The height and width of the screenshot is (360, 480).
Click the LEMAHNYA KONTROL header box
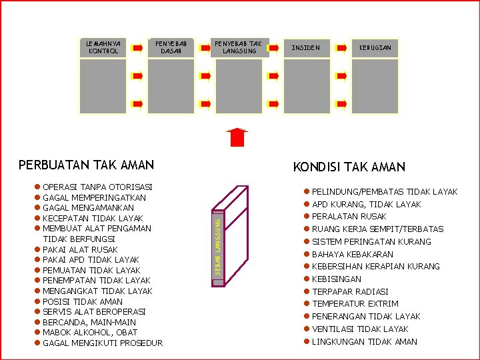click(x=103, y=47)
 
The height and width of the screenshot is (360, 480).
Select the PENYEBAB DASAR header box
click(x=171, y=47)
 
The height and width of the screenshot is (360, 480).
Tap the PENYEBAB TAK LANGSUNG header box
click(x=239, y=47)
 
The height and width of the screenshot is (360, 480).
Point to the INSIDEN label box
click(x=306, y=48)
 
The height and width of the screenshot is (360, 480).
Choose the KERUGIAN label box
click(x=375, y=48)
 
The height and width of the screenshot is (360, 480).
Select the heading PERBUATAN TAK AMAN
click(x=86, y=165)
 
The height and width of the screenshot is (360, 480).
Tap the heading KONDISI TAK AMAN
click(x=349, y=167)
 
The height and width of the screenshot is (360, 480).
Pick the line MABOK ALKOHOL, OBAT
click(x=90, y=333)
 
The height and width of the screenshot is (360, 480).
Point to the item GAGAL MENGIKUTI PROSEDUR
click(x=102, y=343)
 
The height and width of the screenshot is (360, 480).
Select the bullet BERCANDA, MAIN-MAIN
click(x=89, y=322)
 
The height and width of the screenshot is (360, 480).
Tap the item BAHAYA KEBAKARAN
click(x=352, y=255)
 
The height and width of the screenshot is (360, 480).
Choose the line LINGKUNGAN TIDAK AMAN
click(x=365, y=342)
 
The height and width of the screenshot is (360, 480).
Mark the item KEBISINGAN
click(x=337, y=279)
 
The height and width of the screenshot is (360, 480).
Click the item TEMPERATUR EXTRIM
click(x=355, y=304)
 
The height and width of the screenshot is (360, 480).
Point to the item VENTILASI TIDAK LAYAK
click(x=360, y=329)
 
